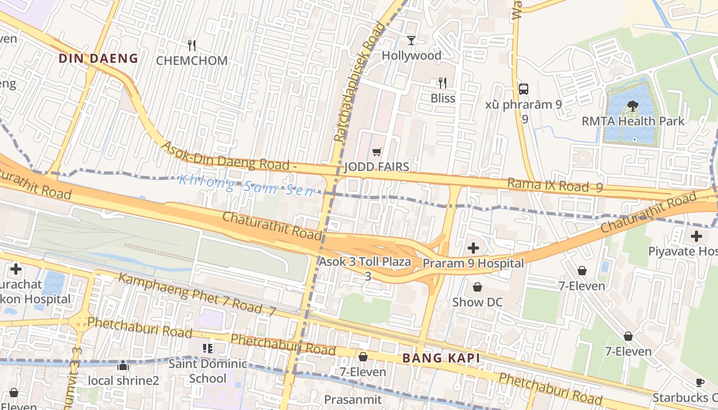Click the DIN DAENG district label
pyautogui.click(x=98, y=58)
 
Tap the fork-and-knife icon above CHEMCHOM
pyautogui.click(x=192, y=46)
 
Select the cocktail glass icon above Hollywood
pyautogui.click(x=411, y=40)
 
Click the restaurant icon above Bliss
pyautogui.click(x=443, y=83)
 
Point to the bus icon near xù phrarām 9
pyautogui.click(x=524, y=89)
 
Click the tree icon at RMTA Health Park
pyautogui.click(x=633, y=106)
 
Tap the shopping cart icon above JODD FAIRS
pyautogui.click(x=377, y=152)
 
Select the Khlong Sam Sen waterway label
pyautogui.click(x=246, y=186)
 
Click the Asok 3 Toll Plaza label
pyautogui.click(x=365, y=262)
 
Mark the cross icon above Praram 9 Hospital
pyautogui.click(x=473, y=249)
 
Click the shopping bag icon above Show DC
pyautogui.click(x=477, y=287)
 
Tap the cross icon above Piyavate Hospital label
pyautogui.click(x=696, y=236)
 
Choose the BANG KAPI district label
pyautogui.click(x=441, y=358)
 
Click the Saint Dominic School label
pyautogui.click(x=208, y=372)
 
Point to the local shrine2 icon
pyautogui.click(x=123, y=366)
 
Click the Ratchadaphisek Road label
pyautogui.click(x=359, y=82)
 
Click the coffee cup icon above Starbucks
pyautogui.click(x=700, y=382)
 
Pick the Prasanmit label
pyautogui.click(x=353, y=399)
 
